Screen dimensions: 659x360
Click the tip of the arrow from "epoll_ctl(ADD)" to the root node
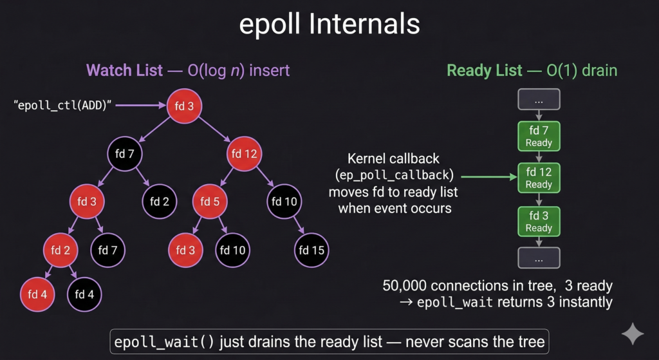point(167,106)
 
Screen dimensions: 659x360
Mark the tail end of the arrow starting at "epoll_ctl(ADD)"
point(116,106)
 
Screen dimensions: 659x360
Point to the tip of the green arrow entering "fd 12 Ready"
point(517,178)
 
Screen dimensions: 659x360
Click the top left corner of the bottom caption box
point(111,329)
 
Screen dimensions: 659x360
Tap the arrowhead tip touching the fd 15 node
point(304,234)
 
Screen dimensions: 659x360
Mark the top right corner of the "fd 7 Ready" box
point(561,122)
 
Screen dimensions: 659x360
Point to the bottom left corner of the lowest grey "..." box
point(518,268)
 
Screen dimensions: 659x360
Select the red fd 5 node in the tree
point(210,202)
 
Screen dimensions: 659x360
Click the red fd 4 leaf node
point(37,294)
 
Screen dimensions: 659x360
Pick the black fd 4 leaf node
point(84,294)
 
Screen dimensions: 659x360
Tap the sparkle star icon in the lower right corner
point(633,334)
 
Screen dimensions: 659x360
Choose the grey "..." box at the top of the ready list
point(539,99)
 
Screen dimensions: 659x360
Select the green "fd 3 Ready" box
point(539,222)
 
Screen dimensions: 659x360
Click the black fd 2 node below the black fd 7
point(160,202)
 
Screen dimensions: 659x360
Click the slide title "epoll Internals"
point(329,24)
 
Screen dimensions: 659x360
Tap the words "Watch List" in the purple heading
point(124,70)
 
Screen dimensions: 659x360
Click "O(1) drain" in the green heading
point(582,70)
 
